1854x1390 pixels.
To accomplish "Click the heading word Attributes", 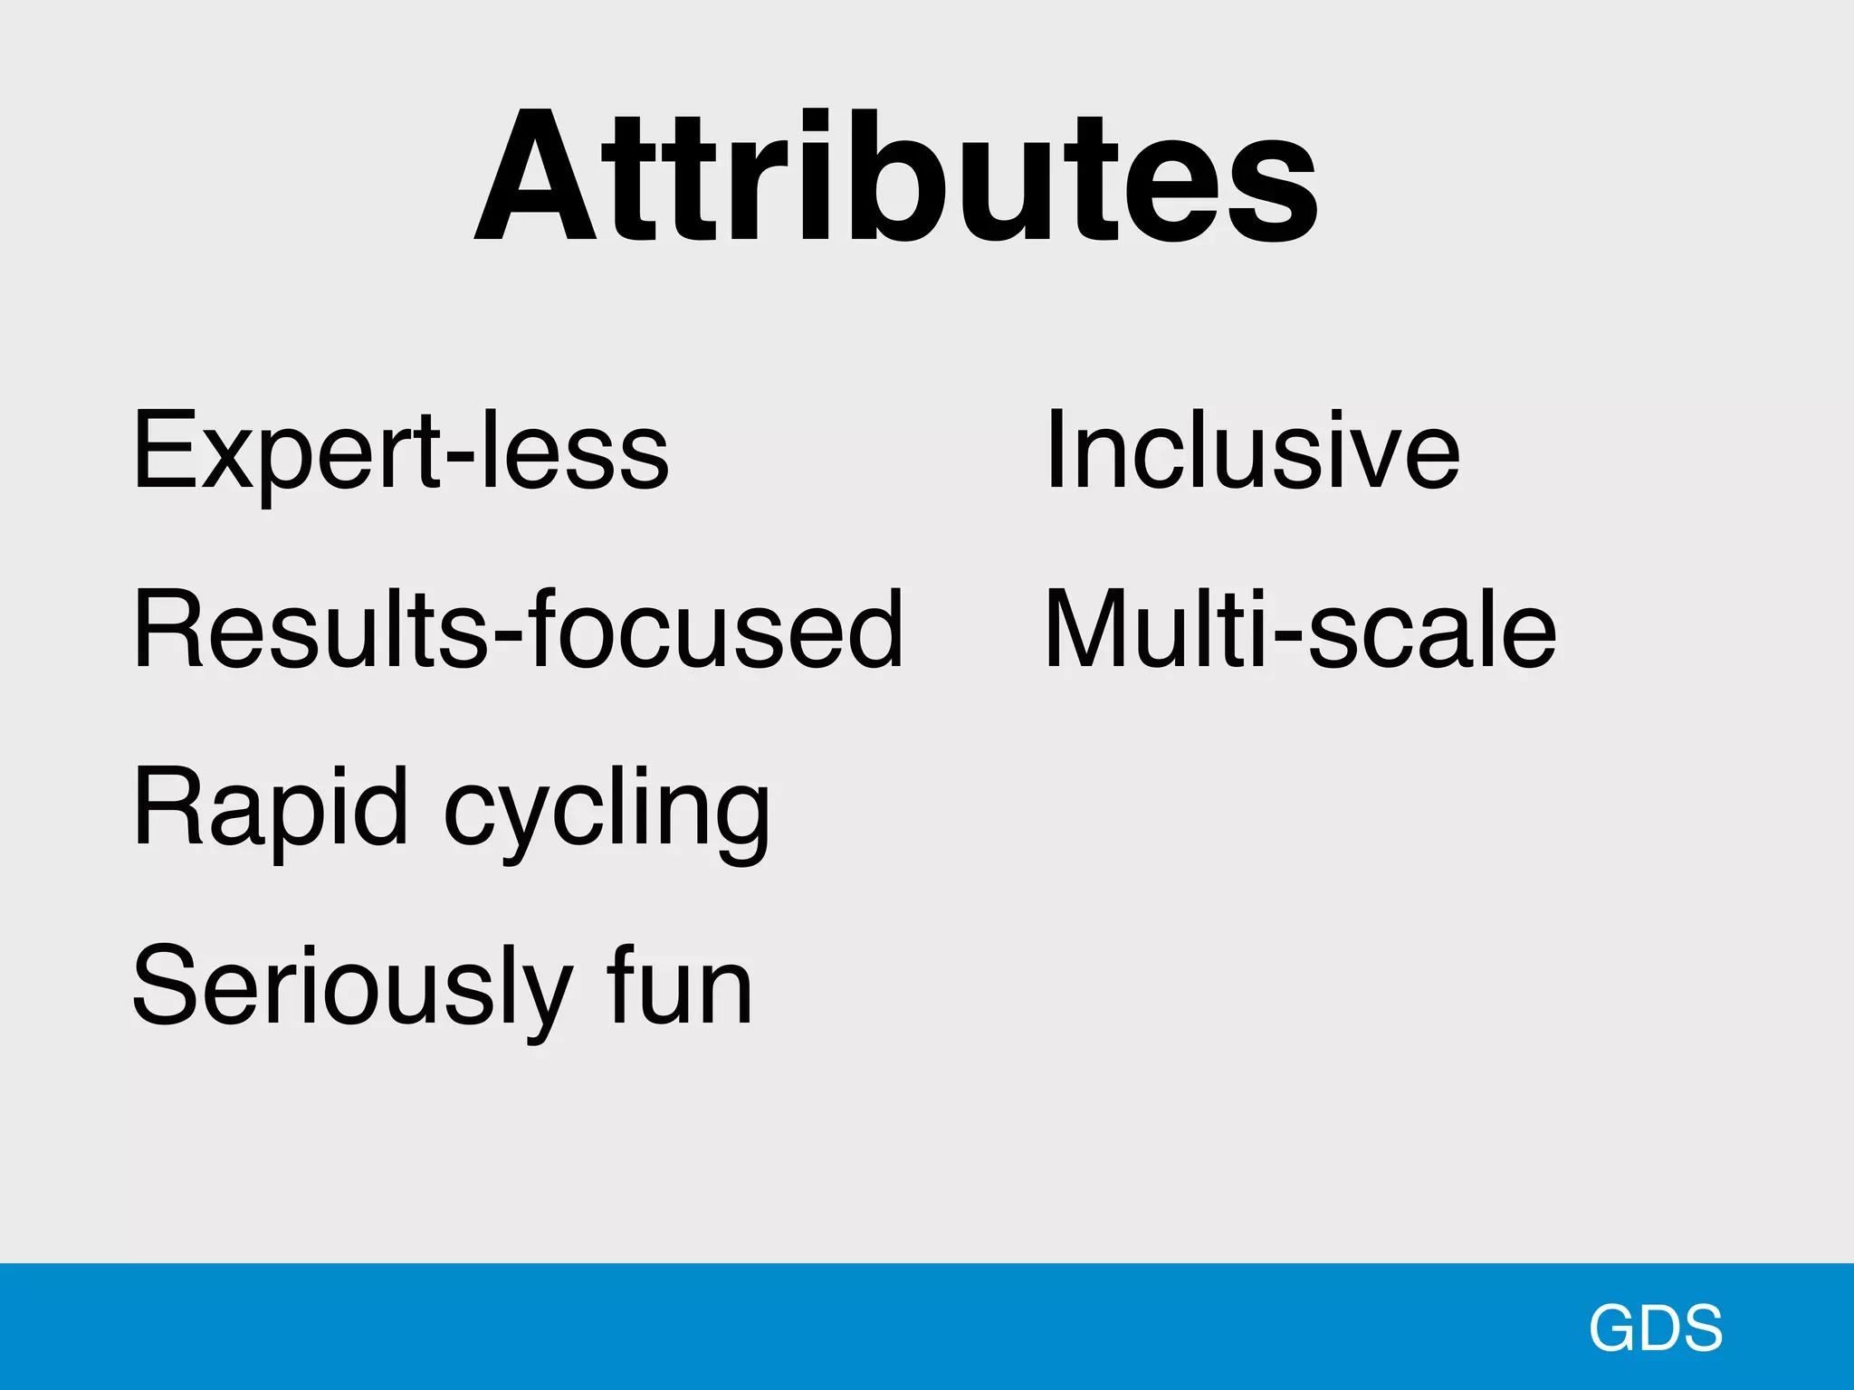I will tap(896, 176).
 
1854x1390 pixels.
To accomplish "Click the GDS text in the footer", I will tap(1656, 1328).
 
